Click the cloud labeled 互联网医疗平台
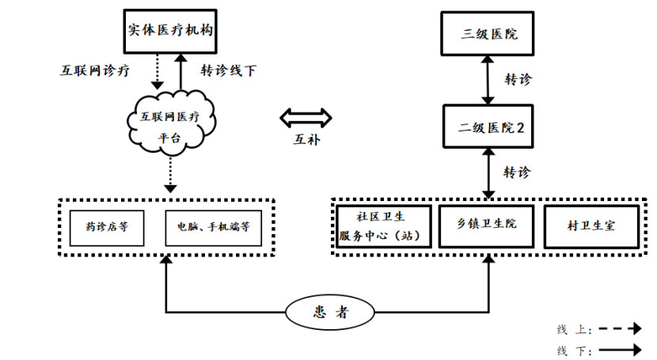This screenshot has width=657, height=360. (x=170, y=124)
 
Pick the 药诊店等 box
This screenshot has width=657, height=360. (x=108, y=225)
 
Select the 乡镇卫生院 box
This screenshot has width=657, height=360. (x=488, y=225)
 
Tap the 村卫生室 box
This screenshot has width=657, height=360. (x=591, y=225)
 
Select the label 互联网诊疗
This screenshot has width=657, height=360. (x=95, y=70)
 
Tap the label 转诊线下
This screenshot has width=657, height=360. (x=228, y=70)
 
